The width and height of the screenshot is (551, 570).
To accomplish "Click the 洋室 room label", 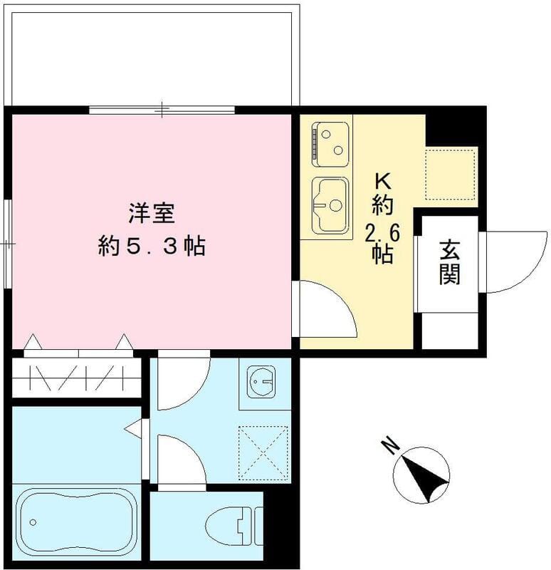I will (152, 212).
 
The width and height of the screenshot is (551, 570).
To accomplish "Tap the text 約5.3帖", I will (152, 247).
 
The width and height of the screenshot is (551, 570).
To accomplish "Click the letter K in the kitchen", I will (382, 180).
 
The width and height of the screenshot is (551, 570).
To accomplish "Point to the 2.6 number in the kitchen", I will (382, 232).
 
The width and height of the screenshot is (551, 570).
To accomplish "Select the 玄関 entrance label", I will (449, 262).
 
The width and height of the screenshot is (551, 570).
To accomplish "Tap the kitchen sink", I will (330, 204).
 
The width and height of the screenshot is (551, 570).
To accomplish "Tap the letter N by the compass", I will (389, 446).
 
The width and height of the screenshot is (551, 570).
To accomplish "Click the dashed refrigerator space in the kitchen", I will (450, 174).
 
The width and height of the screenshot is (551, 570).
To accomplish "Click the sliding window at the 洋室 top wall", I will (162, 110).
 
